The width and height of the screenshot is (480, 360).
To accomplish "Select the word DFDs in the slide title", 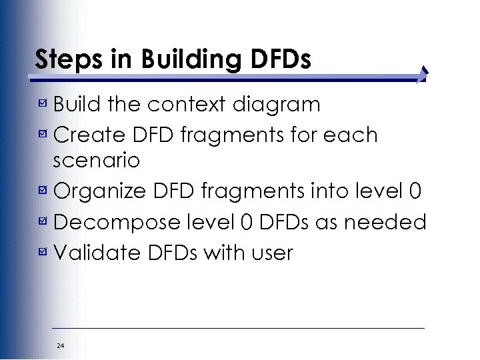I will (281, 59).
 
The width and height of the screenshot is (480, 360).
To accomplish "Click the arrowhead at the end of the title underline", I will (423, 75).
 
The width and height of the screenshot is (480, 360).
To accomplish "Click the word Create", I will (87, 135).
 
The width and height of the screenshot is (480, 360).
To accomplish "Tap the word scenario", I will (96, 161).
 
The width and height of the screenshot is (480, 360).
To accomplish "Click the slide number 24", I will (61, 345).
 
